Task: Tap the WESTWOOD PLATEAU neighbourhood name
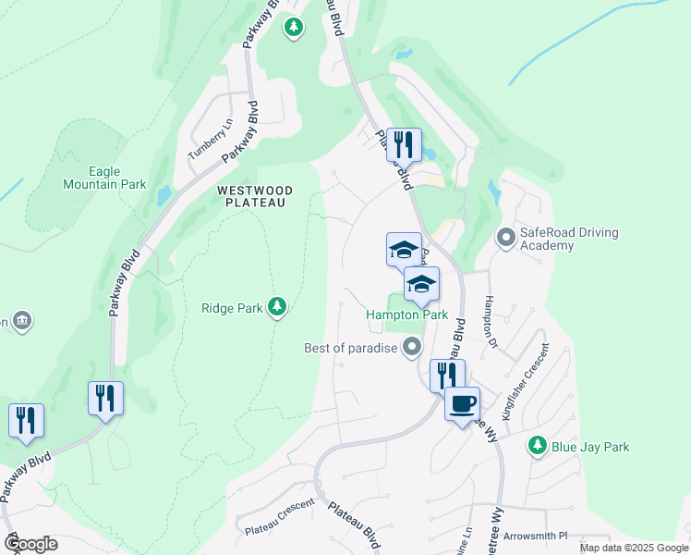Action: pos(255,196)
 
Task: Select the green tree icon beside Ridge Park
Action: pos(276,306)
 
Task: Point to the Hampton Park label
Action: pos(406,314)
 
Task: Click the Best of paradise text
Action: pos(351,349)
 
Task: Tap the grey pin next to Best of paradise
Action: pos(412,348)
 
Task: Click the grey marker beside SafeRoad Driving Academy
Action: pos(505,239)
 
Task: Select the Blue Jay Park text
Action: pos(590,447)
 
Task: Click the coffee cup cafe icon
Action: pos(463,403)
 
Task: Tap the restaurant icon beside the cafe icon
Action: pos(447,375)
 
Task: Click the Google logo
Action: pos(30,543)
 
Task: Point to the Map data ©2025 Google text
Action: pos(633,548)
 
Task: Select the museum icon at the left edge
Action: pos(23,321)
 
